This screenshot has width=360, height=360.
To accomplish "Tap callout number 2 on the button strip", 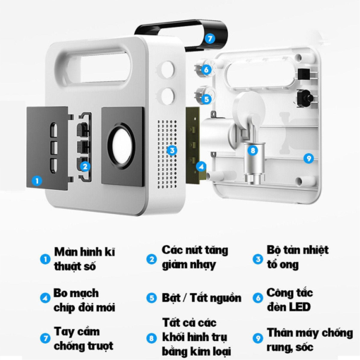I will [85, 167].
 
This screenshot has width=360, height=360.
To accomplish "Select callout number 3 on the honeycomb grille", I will [172, 150].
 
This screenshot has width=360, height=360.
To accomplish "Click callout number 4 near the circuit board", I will [200, 167].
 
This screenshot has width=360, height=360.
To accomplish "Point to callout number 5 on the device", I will [206, 99].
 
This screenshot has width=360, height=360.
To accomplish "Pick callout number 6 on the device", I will [206, 69].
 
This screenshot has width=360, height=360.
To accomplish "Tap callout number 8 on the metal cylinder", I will [252, 150].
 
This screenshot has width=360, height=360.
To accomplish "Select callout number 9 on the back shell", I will [308, 158].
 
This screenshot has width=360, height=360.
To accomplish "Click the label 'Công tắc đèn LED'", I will [289, 299].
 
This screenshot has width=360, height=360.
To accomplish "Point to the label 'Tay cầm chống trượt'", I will [78, 337].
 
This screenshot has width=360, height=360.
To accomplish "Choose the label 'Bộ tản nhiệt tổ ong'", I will [296, 258].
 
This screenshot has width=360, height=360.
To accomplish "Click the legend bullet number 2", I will [151, 258].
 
